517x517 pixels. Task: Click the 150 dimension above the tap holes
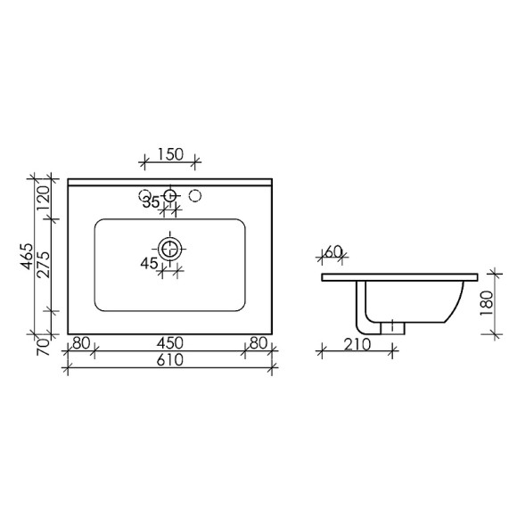point(169,154)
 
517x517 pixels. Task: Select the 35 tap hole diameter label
point(152,202)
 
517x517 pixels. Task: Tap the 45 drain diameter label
point(148,263)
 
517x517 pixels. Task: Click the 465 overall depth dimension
point(29,257)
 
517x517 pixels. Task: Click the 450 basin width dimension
point(169,342)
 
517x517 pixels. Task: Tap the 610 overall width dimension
point(169,360)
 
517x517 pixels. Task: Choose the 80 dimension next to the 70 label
point(81,342)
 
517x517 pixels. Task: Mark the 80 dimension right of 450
point(258,342)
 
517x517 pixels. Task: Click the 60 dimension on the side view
point(333,252)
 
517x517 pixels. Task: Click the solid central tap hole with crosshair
point(170,195)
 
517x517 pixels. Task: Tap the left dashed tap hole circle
point(144,195)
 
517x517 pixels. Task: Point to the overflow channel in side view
point(363,308)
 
